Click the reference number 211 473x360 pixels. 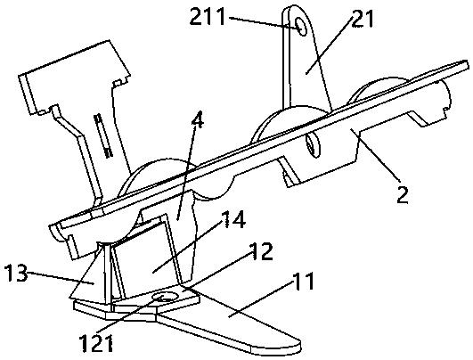coord(208,17)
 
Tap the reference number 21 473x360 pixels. coord(363,19)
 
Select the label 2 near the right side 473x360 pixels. coord(403,194)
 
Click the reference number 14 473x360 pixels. coord(233,221)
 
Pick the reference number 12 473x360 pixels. coord(261,251)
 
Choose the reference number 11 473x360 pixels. coord(302,282)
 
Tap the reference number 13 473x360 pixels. coord(16,274)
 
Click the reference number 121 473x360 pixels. coord(96,343)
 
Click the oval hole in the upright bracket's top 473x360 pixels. coord(300,26)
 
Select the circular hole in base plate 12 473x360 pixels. coord(164,298)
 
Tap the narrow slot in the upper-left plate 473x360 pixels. coord(102,135)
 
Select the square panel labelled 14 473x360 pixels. coord(145,259)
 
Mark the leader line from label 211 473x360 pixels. coord(264,22)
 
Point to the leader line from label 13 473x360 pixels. coord(61,278)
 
